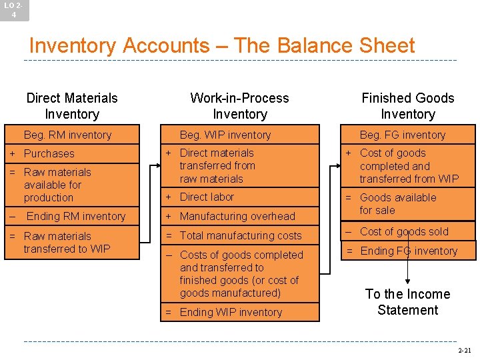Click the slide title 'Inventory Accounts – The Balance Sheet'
[x=222, y=45]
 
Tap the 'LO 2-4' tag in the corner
[x=14, y=9]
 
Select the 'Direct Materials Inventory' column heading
[x=72, y=106]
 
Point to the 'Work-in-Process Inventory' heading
[x=239, y=106]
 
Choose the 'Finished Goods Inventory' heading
[x=407, y=106]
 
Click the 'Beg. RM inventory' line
[x=67, y=135]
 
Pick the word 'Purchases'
[x=49, y=153]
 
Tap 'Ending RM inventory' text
[x=75, y=216]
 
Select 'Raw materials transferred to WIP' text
[x=67, y=242]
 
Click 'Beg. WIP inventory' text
[x=225, y=135]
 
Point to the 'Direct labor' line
[x=207, y=197]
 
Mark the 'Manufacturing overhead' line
[x=237, y=216]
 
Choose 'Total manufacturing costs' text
[x=240, y=235]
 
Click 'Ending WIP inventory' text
[x=231, y=312]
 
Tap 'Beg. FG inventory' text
[x=402, y=135]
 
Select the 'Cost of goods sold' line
[x=404, y=231]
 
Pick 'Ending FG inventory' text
[x=409, y=251]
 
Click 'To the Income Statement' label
[x=407, y=302]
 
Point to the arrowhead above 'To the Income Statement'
[x=407, y=280]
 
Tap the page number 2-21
[x=464, y=350]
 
